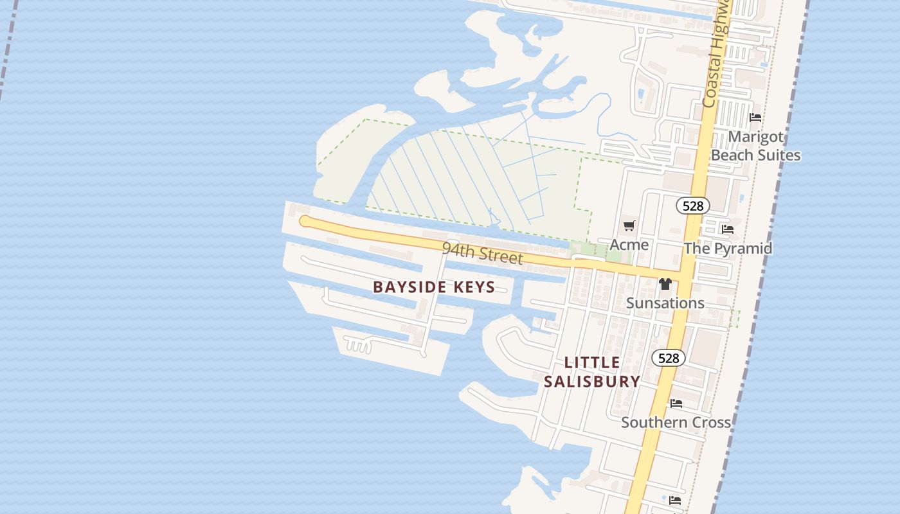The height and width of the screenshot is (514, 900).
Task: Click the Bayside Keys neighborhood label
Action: pyautogui.click(x=434, y=287)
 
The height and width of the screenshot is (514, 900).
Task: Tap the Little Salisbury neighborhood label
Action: pyautogui.click(x=592, y=372)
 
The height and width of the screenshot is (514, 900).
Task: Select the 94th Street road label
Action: pyautogui.click(x=482, y=253)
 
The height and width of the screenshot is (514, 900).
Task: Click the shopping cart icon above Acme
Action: pyautogui.click(x=629, y=226)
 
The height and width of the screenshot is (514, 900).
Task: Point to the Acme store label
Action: pyautogui.click(x=629, y=245)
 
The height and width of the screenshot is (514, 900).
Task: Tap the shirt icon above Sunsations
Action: pyautogui.click(x=665, y=284)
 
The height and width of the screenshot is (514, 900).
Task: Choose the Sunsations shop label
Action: pyautogui.click(x=665, y=303)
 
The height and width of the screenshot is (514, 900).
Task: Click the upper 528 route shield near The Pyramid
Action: pyautogui.click(x=692, y=206)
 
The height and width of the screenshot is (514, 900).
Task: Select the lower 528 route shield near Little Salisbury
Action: pyautogui.click(x=669, y=358)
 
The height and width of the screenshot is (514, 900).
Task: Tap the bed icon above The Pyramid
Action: pyautogui.click(x=728, y=229)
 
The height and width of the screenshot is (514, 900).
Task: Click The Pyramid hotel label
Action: pyautogui.click(x=728, y=248)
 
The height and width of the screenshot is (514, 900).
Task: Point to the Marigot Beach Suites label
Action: pyautogui.click(x=755, y=146)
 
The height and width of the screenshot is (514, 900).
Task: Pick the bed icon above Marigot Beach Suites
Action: pyautogui.click(x=755, y=118)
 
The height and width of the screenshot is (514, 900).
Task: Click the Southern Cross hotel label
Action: pyautogui.click(x=676, y=422)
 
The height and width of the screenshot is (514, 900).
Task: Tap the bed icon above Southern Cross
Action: pyautogui.click(x=676, y=403)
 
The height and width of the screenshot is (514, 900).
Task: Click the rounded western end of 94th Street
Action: pyautogui.click(x=305, y=222)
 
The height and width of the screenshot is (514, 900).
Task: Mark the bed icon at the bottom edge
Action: pyautogui.click(x=674, y=500)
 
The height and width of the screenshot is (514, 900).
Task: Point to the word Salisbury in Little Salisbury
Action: pyautogui.click(x=592, y=381)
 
